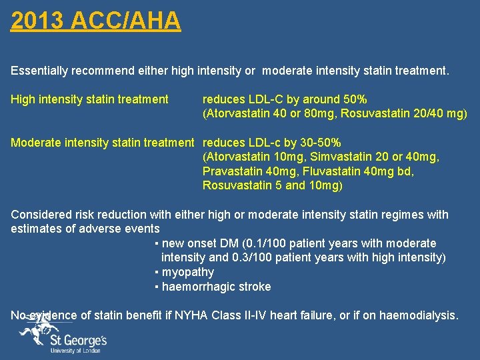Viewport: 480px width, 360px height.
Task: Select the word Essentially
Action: (39, 69)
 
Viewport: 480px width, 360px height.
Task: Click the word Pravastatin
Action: (233, 171)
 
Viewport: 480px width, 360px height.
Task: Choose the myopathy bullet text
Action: (187, 272)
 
